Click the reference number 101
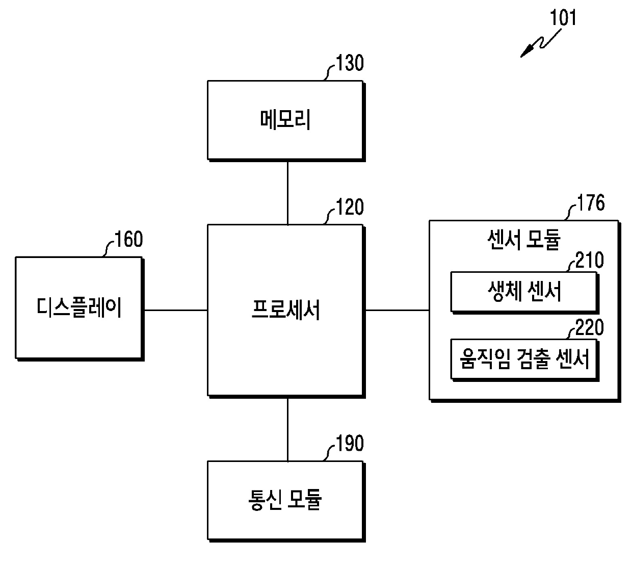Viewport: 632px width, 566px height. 563,18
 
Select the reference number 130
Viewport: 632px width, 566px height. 350,64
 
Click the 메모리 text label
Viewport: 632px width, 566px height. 285,120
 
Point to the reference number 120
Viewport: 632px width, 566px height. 350,208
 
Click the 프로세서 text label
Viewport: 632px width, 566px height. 285,310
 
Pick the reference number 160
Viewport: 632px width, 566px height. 129,239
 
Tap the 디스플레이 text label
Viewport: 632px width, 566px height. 79,308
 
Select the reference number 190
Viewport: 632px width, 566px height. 350,444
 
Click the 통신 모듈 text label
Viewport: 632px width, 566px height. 285,500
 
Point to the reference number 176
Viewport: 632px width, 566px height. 591,203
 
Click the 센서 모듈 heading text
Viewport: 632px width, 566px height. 524,239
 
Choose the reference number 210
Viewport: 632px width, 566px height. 590,261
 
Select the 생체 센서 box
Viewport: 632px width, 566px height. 523,292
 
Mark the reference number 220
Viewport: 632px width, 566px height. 590,327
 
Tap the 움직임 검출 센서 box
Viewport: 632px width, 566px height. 523,359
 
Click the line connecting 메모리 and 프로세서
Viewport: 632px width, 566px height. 287,192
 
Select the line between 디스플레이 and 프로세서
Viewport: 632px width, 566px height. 175,310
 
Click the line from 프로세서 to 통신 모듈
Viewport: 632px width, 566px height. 287,429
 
